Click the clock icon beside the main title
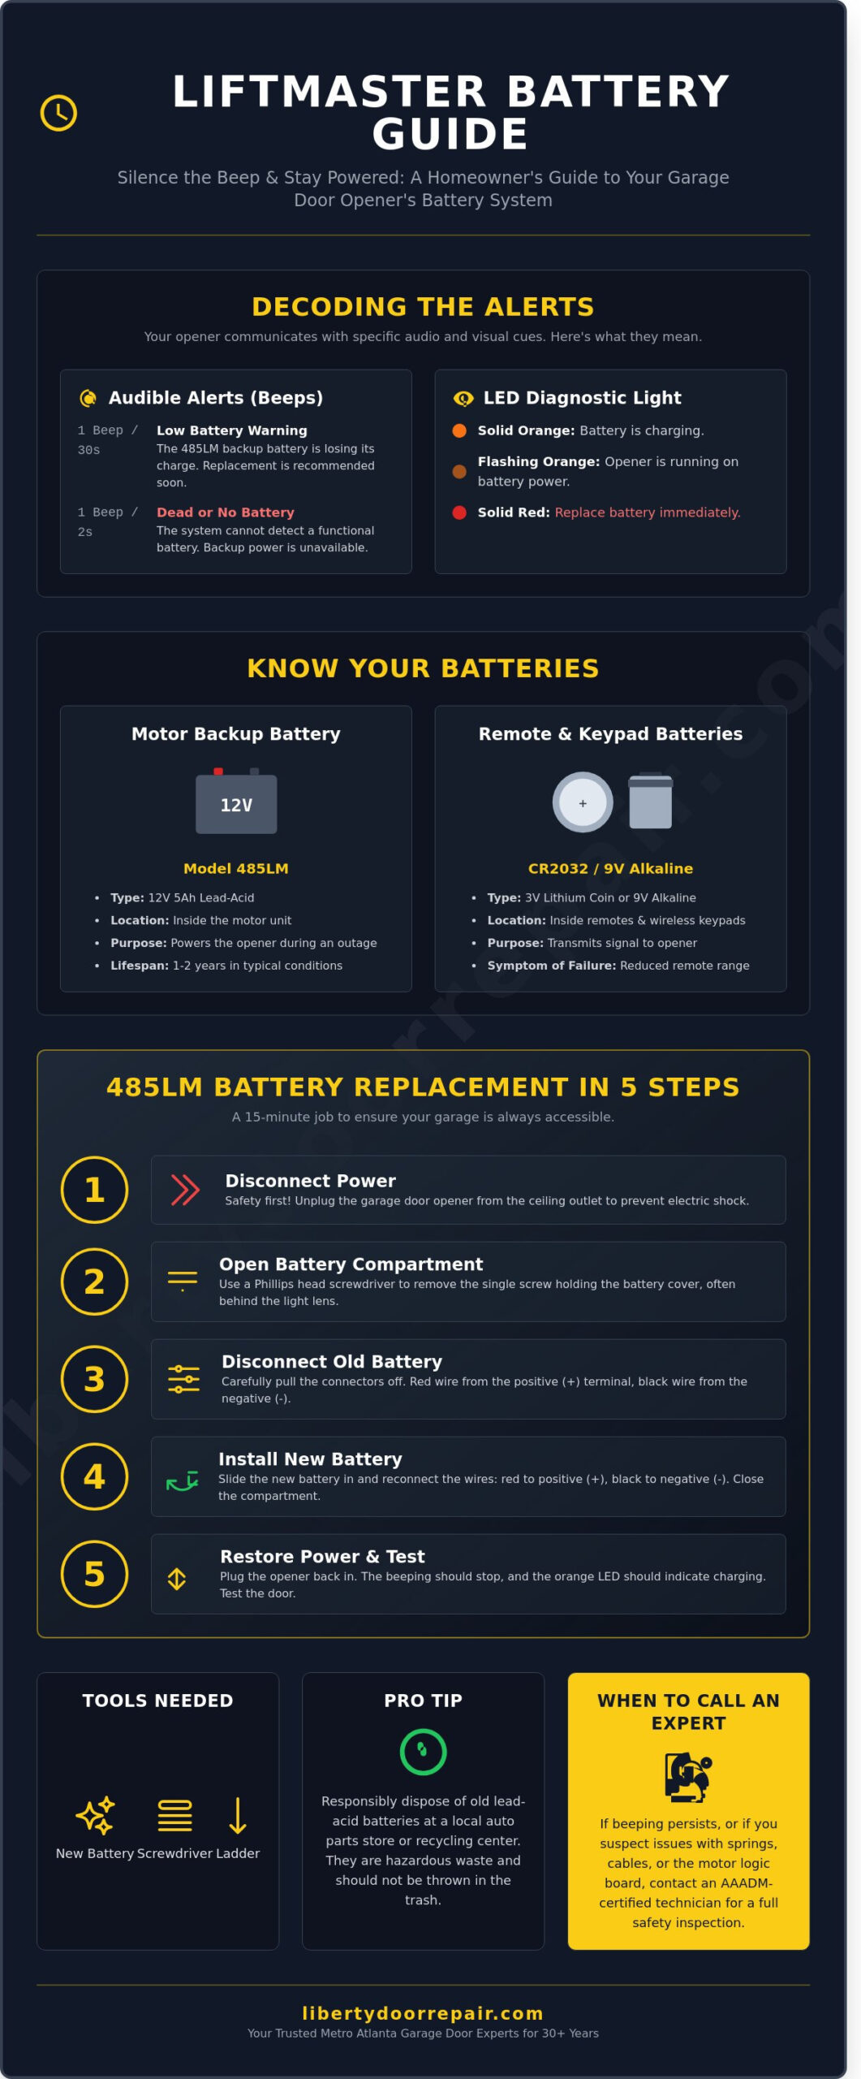pos(58,113)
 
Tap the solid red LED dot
pos(459,512)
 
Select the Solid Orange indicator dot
pos(459,430)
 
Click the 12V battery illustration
pos(236,802)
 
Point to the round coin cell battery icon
pos(583,802)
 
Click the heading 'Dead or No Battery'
pos(225,512)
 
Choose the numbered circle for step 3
pos(94,1379)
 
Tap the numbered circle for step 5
pos(94,1574)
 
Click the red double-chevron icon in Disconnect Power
pos(185,1190)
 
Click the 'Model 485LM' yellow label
pos(235,868)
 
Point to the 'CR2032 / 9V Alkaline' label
pos(610,868)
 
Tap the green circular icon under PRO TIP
pos(423,1752)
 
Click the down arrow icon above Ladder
pos(238,1815)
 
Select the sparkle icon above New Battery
pos(95,1815)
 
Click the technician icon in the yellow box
pos(688,1776)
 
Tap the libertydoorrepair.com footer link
pos(423,2013)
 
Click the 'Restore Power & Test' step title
pos(322,1556)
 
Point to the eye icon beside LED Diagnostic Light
pos(463,398)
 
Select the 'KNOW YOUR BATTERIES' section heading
pos(423,668)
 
